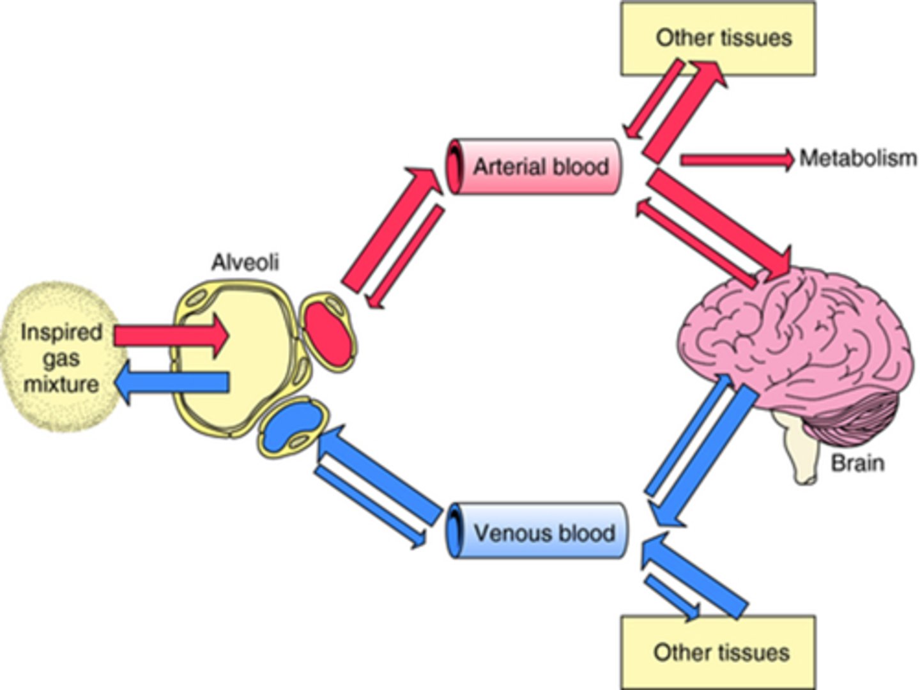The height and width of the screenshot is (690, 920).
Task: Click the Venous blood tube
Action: pyautogui.click(x=537, y=532)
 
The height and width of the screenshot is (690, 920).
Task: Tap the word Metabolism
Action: pyautogui.click(x=857, y=158)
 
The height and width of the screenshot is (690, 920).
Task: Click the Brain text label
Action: pyautogui.click(x=857, y=463)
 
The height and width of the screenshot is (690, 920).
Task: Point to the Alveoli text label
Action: pyautogui.click(x=245, y=263)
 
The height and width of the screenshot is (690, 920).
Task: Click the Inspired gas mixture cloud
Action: pyautogui.click(x=61, y=358)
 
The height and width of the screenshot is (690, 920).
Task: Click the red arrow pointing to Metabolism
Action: pyautogui.click(x=735, y=159)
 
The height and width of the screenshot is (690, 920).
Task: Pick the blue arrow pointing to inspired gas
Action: pyautogui.click(x=172, y=383)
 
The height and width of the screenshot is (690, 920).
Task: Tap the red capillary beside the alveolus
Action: pyautogui.click(x=328, y=332)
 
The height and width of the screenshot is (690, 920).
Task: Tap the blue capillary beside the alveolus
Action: pyautogui.click(x=291, y=427)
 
